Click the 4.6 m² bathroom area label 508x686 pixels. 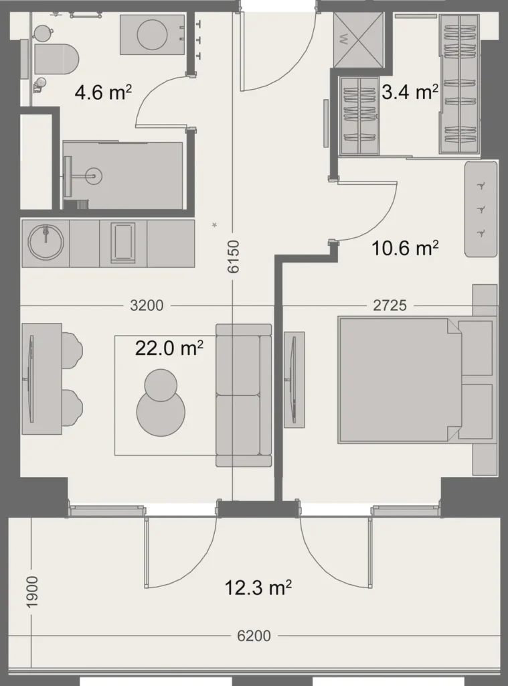point(102,92)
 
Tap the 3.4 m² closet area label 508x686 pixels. point(410,92)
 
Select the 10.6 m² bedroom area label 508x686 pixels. point(405,249)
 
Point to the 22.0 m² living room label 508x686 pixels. point(169,348)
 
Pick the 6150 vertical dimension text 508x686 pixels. point(233,257)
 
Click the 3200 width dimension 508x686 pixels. point(147,305)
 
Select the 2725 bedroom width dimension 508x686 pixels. point(390,305)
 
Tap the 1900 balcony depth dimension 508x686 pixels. point(33,592)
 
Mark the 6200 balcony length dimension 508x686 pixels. point(254,636)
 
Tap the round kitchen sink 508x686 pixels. point(45,241)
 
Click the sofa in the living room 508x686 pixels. point(244,395)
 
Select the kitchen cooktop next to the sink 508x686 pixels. point(123,241)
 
